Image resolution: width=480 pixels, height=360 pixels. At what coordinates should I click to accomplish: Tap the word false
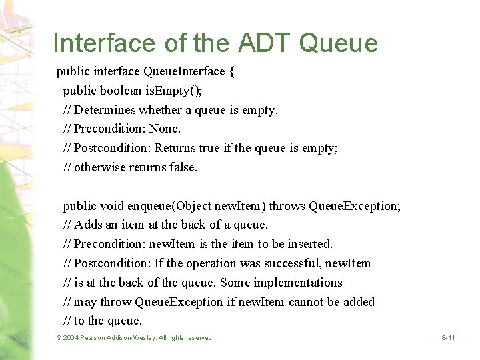[183, 167]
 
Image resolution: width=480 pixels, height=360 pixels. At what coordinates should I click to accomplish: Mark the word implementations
[295, 283]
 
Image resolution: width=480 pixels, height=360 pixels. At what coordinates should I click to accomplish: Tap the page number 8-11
[448, 338]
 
